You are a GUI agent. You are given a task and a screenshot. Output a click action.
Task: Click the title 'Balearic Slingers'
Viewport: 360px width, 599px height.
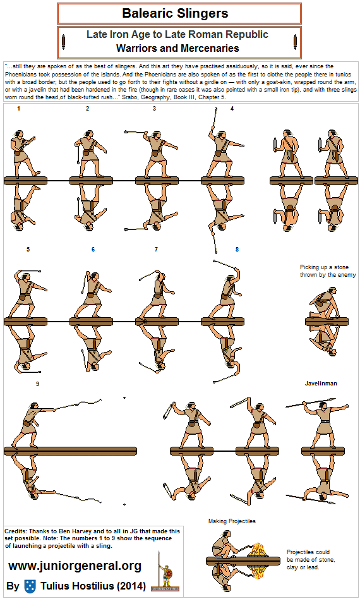175,14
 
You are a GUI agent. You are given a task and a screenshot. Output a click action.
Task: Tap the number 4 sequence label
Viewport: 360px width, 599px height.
232,109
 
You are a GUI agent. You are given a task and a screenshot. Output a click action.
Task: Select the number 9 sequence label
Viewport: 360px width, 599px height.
37,384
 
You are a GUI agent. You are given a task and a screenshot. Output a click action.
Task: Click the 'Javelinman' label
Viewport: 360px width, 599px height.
321,384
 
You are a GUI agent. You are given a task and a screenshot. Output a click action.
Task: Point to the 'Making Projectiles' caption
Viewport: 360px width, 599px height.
232,521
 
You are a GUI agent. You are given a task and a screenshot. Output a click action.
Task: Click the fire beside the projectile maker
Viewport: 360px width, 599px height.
256,550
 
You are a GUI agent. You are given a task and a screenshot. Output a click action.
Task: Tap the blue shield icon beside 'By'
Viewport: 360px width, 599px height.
30,586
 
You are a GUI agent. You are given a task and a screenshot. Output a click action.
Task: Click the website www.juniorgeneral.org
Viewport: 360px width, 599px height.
75,566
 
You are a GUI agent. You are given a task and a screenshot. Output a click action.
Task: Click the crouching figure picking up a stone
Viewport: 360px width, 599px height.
324,305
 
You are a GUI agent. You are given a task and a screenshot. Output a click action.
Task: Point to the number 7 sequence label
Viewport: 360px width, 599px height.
156,250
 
